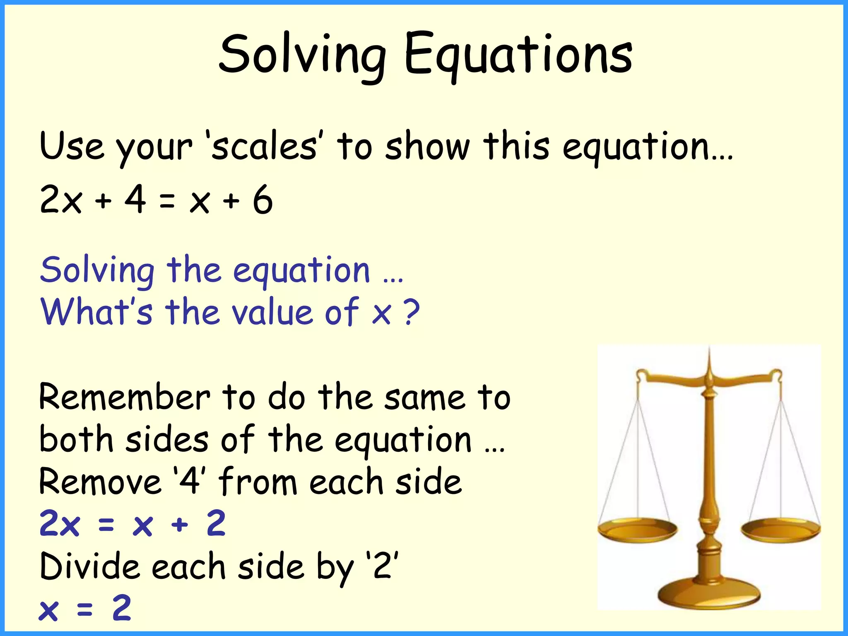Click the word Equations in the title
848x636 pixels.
[x=518, y=56]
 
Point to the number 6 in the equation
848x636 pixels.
[x=263, y=200]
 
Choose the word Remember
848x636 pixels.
[x=124, y=397]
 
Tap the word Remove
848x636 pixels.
[x=100, y=482]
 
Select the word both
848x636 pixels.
[x=76, y=440]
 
